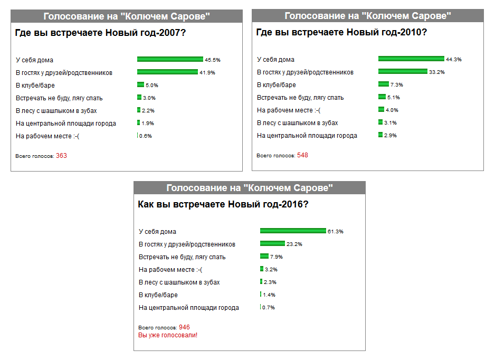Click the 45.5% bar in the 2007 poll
click(x=170, y=59)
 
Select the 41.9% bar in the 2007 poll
click(x=167, y=72)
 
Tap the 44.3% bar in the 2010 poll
click(x=411, y=59)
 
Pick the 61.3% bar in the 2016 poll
click(x=293, y=231)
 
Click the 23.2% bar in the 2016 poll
click(x=272, y=243)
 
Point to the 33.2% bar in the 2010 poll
click(x=403, y=71)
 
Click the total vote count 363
click(x=61, y=156)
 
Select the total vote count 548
click(x=302, y=155)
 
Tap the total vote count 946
click(x=184, y=327)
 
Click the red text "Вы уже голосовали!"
click(x=167, y=335)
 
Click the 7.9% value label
click(x=277, y=257)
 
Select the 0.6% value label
click(x=145, y=136)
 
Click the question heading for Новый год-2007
click(x=100, y=33)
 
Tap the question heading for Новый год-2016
click(x=223, y=204)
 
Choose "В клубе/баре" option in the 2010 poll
click(x=276, y=85)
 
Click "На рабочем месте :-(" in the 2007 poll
click(x=47, y=136)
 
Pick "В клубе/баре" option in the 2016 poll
click(x=158, y=295)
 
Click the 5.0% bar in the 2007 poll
click(x=140, y=84)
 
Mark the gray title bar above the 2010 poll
click(x=367, y=16)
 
